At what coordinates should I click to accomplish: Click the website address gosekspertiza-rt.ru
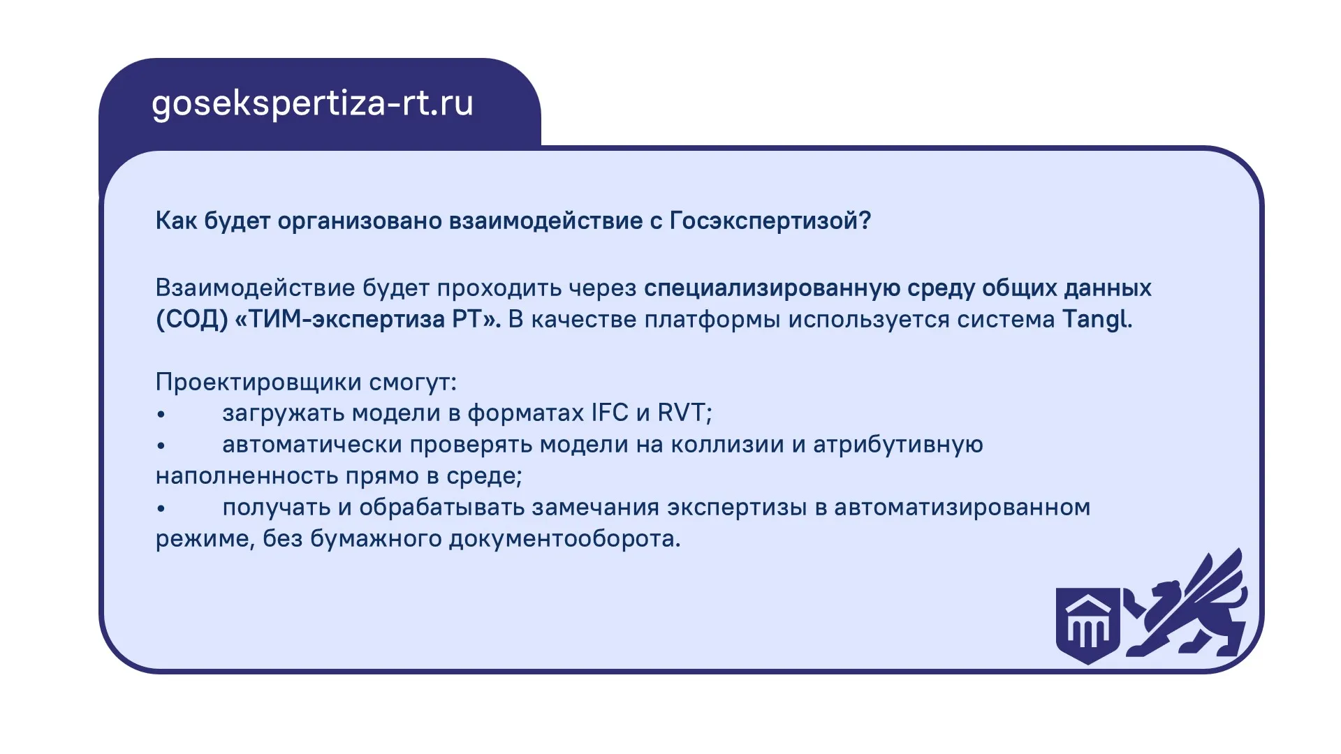[312, 104]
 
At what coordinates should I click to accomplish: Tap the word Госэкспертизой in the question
[770, 221]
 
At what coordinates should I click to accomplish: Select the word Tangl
[1097, 320]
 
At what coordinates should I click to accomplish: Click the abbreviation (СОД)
[192, 320]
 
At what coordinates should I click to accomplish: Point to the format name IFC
[610, 413]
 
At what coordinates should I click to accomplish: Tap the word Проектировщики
[258, 382]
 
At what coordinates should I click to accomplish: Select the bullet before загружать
[161, 415]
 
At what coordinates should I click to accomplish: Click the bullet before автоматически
[161, 446]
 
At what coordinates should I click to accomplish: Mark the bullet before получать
[161, 509]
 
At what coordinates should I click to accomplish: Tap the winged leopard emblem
[1186, 603]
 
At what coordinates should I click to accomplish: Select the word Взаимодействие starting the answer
[255, 288]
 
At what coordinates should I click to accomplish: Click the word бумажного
[375, 539]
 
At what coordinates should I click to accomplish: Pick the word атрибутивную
[897, 445]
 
